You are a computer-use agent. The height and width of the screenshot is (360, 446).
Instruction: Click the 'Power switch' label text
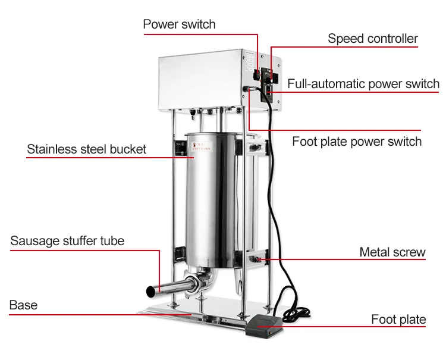coord(179,24)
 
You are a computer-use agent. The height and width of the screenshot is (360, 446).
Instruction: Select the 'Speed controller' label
coord(373,39)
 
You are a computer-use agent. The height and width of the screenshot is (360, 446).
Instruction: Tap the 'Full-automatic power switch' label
coord(363,83)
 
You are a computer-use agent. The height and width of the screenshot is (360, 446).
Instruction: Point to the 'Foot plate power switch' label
coord(357,142)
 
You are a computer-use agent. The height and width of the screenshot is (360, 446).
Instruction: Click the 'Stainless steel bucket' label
coord(86,149)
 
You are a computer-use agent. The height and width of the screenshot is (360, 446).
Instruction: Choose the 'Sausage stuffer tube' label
coord(67,241)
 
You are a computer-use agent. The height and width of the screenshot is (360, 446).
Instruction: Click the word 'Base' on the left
coord(23,305)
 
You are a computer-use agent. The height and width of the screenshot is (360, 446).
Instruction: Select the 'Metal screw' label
coord(392,252)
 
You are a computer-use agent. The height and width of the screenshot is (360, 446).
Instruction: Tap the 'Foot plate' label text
coord(398,320)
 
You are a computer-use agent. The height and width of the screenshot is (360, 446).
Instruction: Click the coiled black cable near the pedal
coord(291,298)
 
